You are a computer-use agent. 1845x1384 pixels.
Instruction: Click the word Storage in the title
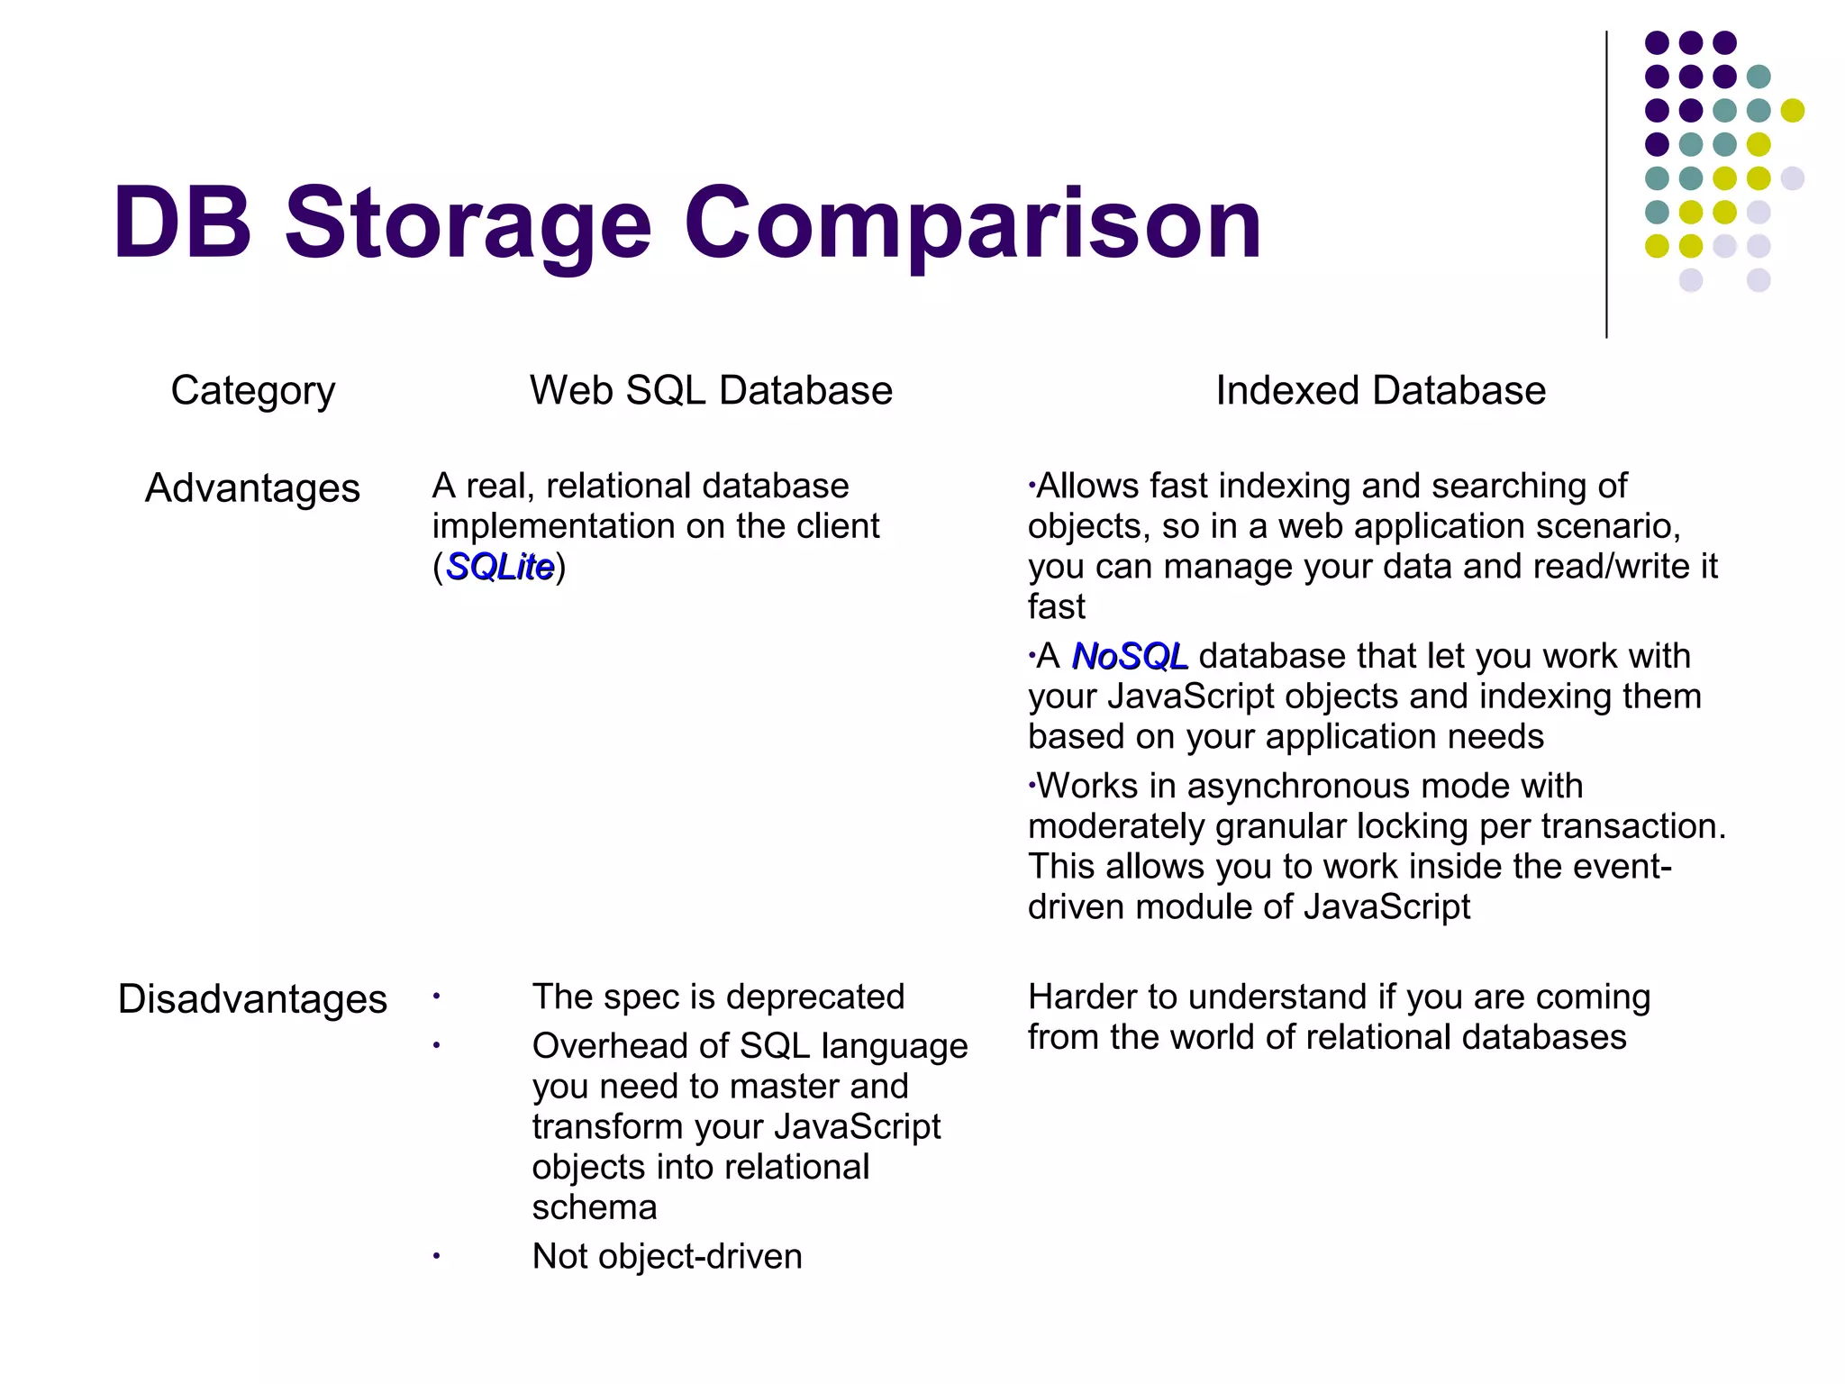(468, 223)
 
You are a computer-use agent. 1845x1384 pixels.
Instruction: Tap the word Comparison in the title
(973, 223)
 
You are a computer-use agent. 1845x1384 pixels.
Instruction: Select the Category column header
(253, 391)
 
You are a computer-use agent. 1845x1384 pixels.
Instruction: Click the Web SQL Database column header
(711, 391)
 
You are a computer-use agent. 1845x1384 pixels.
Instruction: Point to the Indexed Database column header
(1380, 391)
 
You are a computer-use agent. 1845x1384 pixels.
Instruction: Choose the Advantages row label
(252, 488)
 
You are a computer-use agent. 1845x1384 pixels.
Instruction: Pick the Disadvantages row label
(252, 999)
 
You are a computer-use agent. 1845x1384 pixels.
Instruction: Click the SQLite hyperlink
(500, 567)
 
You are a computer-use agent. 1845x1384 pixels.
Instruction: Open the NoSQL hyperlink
(1130, 656)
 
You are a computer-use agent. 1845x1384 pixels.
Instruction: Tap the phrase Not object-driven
(667, 1256)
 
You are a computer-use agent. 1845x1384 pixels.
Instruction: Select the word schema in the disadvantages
(595, 1207)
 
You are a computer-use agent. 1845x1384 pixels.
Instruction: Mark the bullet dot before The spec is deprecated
(436, 997)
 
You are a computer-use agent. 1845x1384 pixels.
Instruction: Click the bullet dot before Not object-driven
(436, 1256)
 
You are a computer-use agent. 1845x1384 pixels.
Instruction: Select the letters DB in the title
(182, 223)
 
